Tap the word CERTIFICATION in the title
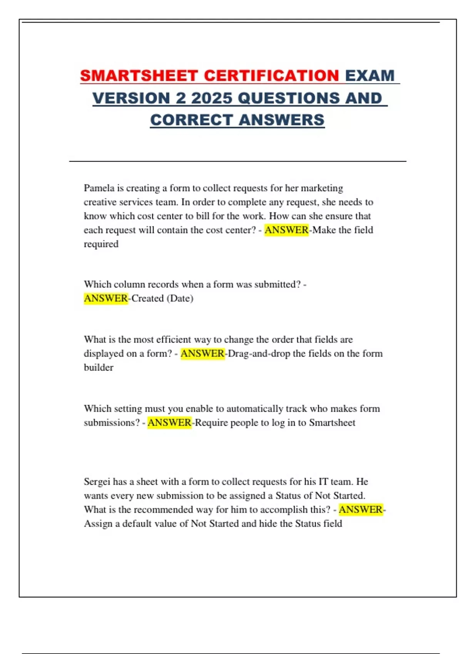(x=271, y=75)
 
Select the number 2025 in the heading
(x=211, y=98)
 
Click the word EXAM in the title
(x=370, y=75)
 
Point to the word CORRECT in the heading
(x=192, y=120)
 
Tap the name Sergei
(x=97, y=482)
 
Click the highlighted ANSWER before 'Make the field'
(x=286, y=230)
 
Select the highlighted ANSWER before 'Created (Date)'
(x=106, y=298)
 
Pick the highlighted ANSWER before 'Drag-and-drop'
(x=203, y=354)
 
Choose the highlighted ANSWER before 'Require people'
(x=169, y=422)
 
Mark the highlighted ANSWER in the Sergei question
(x=361, y=510)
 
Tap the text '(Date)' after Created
(x=180, y=298)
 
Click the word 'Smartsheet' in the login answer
(x=332, y=422)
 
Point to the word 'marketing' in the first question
(x=322, y=188)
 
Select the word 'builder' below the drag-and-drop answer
(x=99, y=367)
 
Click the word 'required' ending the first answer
(x=101, y=244)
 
